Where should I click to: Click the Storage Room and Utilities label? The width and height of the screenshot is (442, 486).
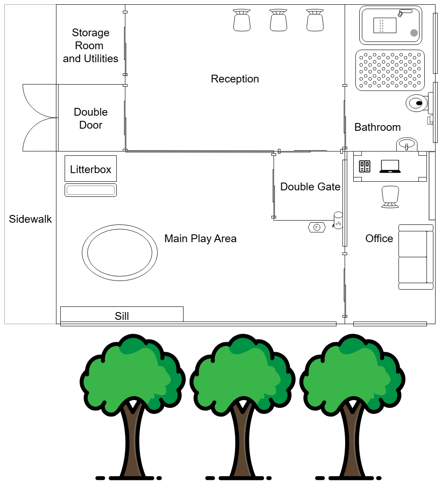[x=90, y=46]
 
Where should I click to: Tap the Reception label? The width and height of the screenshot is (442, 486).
[x=235, y=79]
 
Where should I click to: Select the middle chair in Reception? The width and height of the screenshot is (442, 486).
[x=278, y=20]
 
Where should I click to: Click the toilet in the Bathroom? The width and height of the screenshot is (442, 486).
[x=417, y=103]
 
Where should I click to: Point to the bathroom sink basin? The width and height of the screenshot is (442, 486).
[x=407, y=144]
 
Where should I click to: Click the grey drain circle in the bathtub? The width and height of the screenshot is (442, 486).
[x=414, y=33]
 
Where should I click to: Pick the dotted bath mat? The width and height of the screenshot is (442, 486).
[x=390, y=70]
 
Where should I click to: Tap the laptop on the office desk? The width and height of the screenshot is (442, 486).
[x=390, y=166]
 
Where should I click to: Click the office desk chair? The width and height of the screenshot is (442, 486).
[x=390, y=197]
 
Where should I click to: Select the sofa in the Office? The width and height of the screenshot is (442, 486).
[x=416, y=257]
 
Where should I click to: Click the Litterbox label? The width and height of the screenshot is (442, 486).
[x=90, y=169]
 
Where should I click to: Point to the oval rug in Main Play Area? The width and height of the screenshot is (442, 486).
[x=120, y=252]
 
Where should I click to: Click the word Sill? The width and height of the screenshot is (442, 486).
[x=122, y=316]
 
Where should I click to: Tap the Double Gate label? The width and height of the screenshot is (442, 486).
[x=310, y=186]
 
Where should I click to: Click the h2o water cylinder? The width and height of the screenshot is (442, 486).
[x=338, y=221]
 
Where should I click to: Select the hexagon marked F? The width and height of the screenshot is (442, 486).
[x=317, y=227]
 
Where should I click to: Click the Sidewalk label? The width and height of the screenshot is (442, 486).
[x=30, y=219]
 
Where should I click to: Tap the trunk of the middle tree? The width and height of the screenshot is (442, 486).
[x=243, y=440]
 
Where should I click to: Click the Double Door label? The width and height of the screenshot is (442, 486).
[x=90, y=118]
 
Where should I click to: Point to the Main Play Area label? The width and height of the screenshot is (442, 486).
[x=200, y=239]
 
